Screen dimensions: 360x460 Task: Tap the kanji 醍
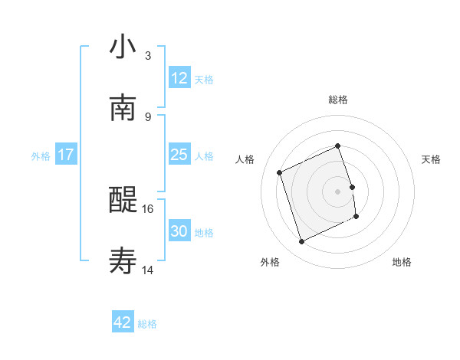click(123, 201)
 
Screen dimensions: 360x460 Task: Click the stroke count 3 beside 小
click(148, 56)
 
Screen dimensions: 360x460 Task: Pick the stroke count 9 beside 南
click(148, 117)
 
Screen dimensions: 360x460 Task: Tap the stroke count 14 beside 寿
click(148, 270)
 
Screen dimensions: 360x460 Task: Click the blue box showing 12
click(179, 78)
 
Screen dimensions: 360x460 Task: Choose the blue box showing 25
click(179, 155)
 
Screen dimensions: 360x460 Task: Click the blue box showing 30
click(179, 231)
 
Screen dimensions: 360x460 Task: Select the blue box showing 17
click(65, 155)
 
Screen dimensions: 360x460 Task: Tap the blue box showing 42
click(122, 322)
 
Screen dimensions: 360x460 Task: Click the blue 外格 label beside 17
click(41, 156)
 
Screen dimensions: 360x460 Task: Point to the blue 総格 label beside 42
click(147, 324)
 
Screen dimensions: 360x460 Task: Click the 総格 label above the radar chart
click(338, 100)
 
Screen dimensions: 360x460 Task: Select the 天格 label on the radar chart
click(431, 159)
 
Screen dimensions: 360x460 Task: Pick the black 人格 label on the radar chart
click(245, 159)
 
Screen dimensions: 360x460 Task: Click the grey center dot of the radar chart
click(338, 191)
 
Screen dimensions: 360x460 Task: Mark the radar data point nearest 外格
click(301, 242)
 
